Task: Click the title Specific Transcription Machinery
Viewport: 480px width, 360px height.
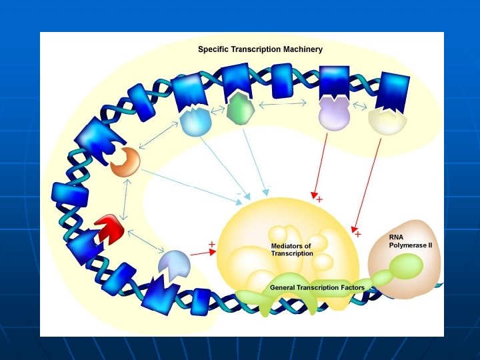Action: (x=260, y=49)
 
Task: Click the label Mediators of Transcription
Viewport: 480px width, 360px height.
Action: (x=291, y=250)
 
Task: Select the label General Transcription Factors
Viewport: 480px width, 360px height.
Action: (x=317, y=287)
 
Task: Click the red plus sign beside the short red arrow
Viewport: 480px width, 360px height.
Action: (x=211, y=244)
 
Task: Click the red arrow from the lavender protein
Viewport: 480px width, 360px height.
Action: (x=321, y=163)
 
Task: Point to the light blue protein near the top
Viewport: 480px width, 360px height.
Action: (x=196, y=122)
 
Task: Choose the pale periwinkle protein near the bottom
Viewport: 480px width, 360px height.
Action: (x=173, y=263)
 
